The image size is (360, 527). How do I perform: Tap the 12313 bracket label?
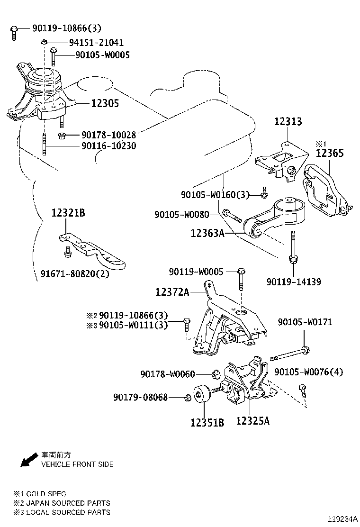coord(288,122)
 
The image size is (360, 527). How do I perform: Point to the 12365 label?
coord(330,153)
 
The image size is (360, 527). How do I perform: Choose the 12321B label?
coord(68,213)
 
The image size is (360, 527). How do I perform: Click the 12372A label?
coord(172,292)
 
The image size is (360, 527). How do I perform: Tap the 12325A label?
coord(252,420)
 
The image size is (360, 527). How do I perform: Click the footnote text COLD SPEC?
coord(46,494)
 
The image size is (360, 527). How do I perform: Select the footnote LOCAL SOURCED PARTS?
coord(68,512)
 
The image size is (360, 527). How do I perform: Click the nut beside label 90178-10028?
coord(62,136)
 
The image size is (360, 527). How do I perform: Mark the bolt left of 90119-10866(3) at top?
coord(14,31)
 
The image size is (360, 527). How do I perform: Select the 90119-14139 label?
coord(294,282)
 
